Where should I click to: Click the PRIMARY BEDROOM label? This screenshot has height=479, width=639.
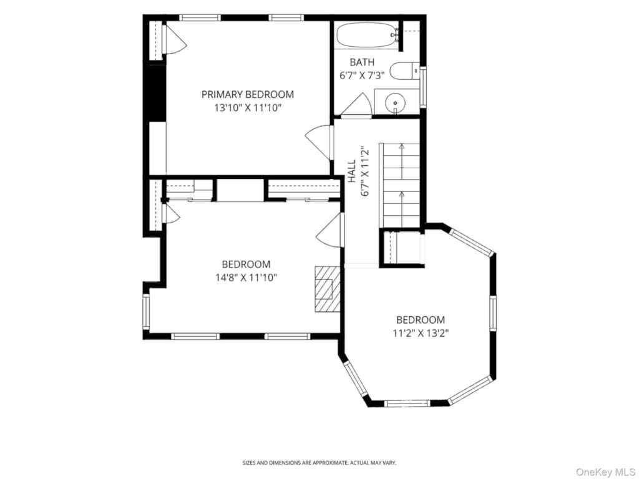click(248, 95)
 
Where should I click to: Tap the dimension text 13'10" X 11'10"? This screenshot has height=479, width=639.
click(248, 108)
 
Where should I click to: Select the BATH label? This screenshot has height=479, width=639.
click(362, 62)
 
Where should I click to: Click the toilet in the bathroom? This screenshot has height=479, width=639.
click(404, 71)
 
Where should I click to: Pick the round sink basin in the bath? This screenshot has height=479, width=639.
click(395, 102)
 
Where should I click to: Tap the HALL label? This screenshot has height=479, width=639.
click(352, 171)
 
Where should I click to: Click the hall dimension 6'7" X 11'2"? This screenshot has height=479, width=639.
click(364, 171)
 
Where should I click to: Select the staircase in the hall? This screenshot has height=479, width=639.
click(400, 185)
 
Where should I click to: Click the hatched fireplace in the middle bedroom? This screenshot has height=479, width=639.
click(327, 289)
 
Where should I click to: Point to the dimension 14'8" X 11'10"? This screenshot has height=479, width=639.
click(246, 278)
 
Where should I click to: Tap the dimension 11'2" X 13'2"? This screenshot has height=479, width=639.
click(421, 333)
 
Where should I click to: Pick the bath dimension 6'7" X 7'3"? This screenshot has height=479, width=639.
click(362, 75)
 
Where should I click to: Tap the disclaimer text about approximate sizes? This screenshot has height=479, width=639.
click(319, 463)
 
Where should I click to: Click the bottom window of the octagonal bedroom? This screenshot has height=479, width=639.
click(407, 404)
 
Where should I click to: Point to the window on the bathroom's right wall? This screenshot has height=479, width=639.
click(423, 87)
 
